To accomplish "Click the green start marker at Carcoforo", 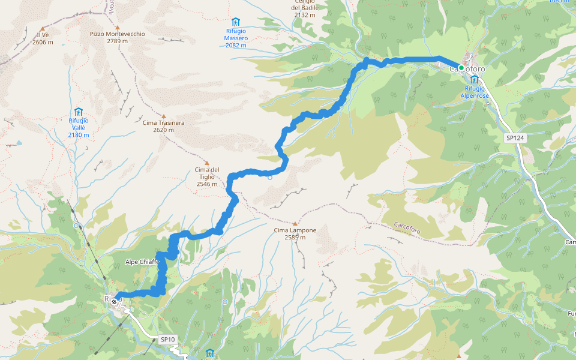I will tap(461, 67).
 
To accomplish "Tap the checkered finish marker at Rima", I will tap(113, 302).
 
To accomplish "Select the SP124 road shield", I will tap(515, 138).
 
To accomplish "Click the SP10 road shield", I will tap(168, 340).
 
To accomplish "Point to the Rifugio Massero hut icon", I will tap(236, 22).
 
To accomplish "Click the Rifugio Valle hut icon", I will tap(79, 112).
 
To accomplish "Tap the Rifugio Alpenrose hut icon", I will tap(475, 79).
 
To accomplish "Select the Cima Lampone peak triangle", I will tap(295, 223).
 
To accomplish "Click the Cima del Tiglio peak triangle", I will tap(207, 163).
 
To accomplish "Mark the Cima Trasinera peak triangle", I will tap(163, 116).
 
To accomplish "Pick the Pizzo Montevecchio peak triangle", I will tap(118, 28).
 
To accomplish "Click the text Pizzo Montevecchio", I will tap(118, 34).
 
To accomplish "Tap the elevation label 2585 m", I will tap(295, 237).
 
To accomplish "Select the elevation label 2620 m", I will tap(163, 130).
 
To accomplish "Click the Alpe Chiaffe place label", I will tap(142, 262).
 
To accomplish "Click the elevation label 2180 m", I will tap(79, 135).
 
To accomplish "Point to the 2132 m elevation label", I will tap(304, 14).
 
